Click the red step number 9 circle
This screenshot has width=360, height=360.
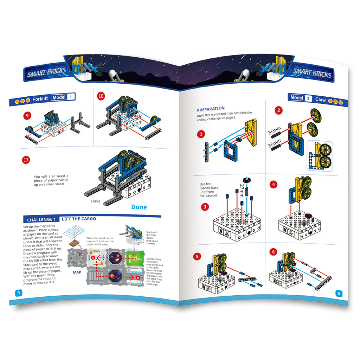tap(26, 115)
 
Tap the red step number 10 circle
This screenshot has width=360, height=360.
tap(101, 96)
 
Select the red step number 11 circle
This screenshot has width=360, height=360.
tap(26, 159)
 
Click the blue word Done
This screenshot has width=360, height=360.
tap(139, 207)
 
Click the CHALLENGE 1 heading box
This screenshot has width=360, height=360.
tap(41, 219)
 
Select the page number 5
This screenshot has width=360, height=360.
tap(18, 292)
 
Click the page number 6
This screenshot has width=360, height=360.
tap(339, 293)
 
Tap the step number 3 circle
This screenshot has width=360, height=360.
tap(205, 207)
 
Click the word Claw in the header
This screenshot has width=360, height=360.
tap(320, 99)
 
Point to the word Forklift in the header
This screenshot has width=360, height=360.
tap(40, 99)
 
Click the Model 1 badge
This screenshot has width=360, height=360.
tap(63, 97)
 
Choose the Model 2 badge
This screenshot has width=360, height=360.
tap(300, 98)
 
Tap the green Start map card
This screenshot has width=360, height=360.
tap(135, 259)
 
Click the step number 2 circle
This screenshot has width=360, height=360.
tap(279, 110)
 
